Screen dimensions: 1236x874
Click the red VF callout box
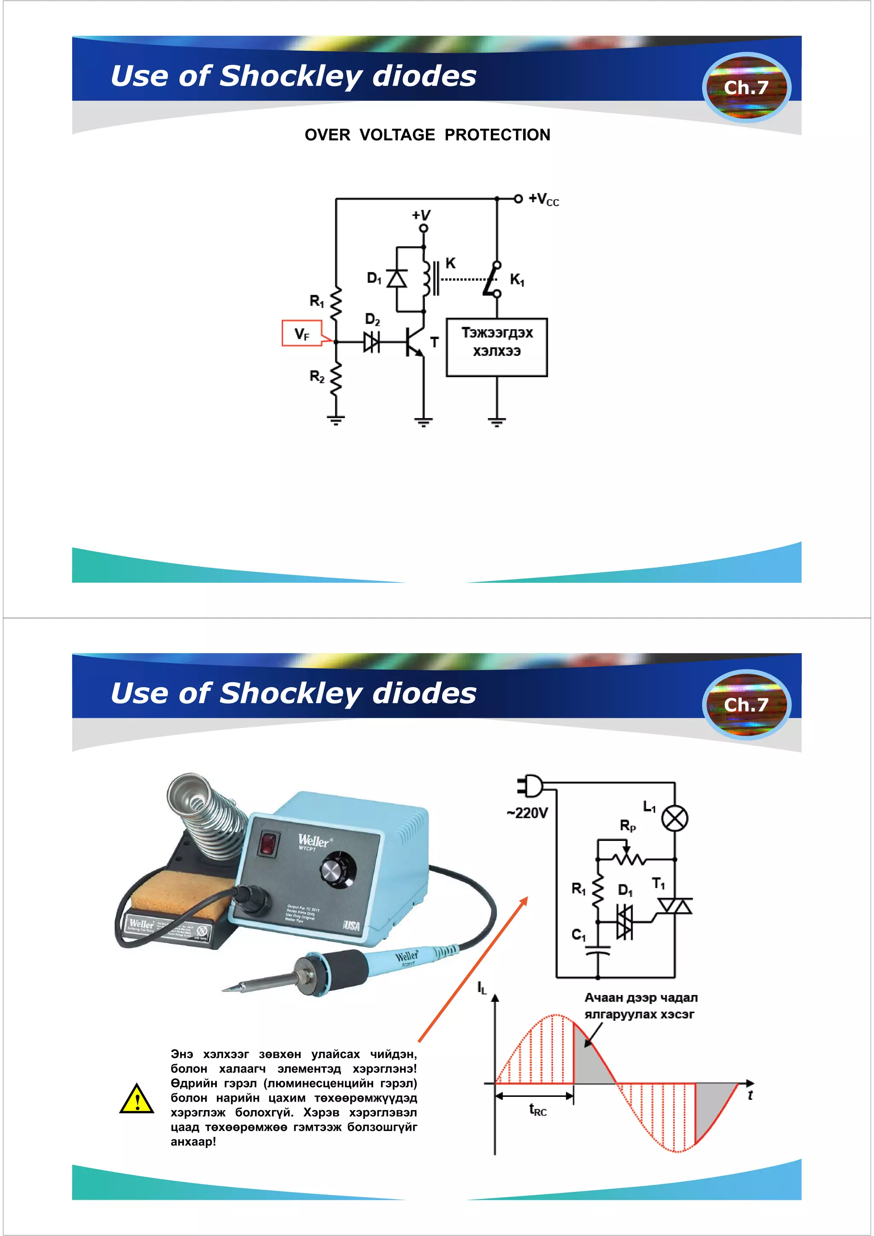coord(302,333)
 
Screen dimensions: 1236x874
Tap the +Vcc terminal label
coord(543,199)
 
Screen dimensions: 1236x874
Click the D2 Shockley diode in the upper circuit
coord(372,342)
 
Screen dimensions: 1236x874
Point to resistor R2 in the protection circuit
coord(335,378)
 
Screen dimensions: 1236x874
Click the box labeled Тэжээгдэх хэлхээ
coord(496,347)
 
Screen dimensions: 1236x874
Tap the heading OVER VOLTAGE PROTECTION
coord(427,134)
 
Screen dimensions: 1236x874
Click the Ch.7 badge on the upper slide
coord(746,87)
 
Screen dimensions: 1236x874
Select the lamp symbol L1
coord(674,819)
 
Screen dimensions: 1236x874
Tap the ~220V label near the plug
coord(527,812)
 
